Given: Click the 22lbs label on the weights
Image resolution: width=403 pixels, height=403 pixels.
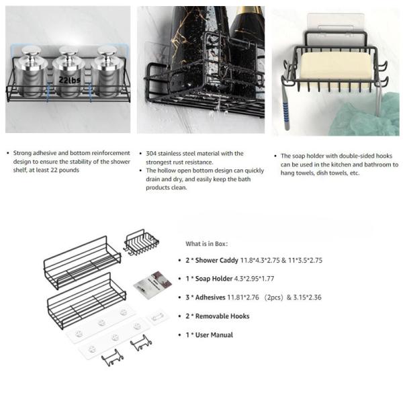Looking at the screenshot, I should pyautogui.click(x=69, y=79).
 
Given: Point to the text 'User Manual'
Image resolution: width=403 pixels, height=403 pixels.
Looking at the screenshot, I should pyautogui.click(x=216, y=334).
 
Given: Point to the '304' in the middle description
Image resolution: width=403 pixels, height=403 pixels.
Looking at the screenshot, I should pyautogui.click(x=152, y=154).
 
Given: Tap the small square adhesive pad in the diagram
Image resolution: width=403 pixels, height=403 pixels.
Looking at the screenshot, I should pyautogui.click(x=157, y=316).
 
